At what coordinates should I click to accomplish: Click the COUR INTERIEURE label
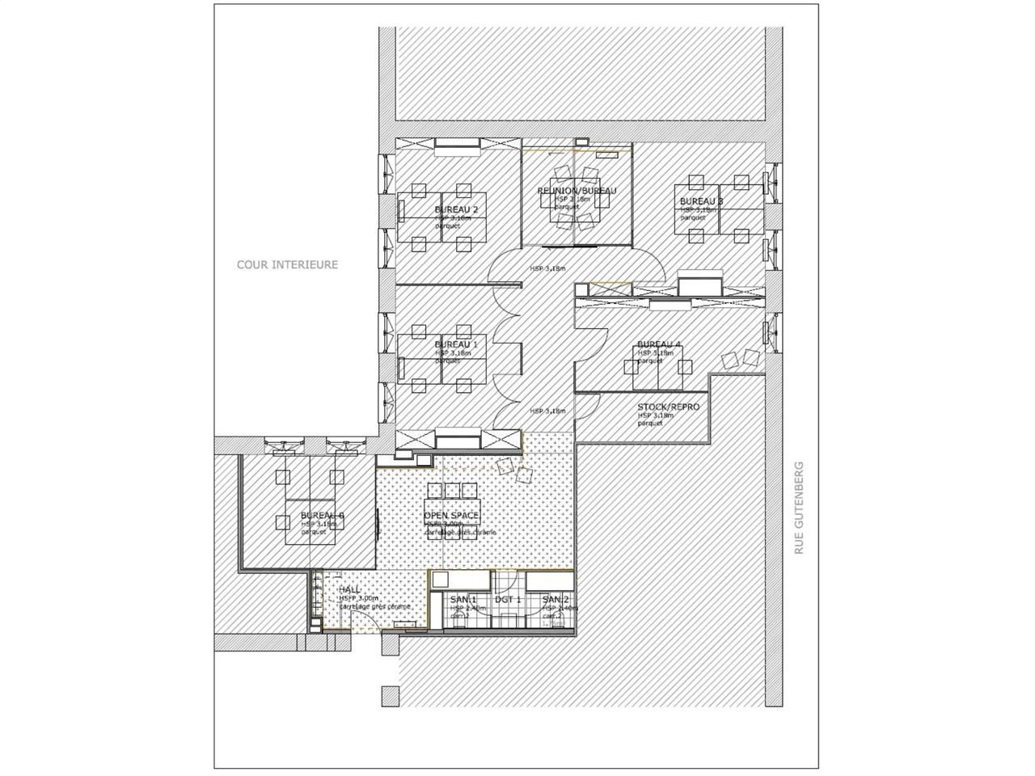click(287, 264)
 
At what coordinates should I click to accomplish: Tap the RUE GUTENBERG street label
click(800, 507)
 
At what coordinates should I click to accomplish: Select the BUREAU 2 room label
click(456, 209)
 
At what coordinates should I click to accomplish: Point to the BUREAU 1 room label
click(456, 344)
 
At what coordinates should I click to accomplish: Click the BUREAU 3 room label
click(701, 200)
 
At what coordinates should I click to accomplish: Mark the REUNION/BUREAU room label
click(577, 191)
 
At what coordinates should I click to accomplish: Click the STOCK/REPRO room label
click(668, 407)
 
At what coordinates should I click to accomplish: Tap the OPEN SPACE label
click(451, 516)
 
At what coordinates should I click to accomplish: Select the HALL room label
click(349, 590)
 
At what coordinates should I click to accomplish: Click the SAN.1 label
click(463, 599)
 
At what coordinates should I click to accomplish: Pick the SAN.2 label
click(555, 599)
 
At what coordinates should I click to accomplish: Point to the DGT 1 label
click(508, 599)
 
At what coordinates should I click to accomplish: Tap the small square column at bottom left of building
click(391, 695)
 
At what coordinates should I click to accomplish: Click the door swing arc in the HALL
click(364, 618)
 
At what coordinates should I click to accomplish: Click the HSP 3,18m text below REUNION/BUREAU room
click(547, 268)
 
